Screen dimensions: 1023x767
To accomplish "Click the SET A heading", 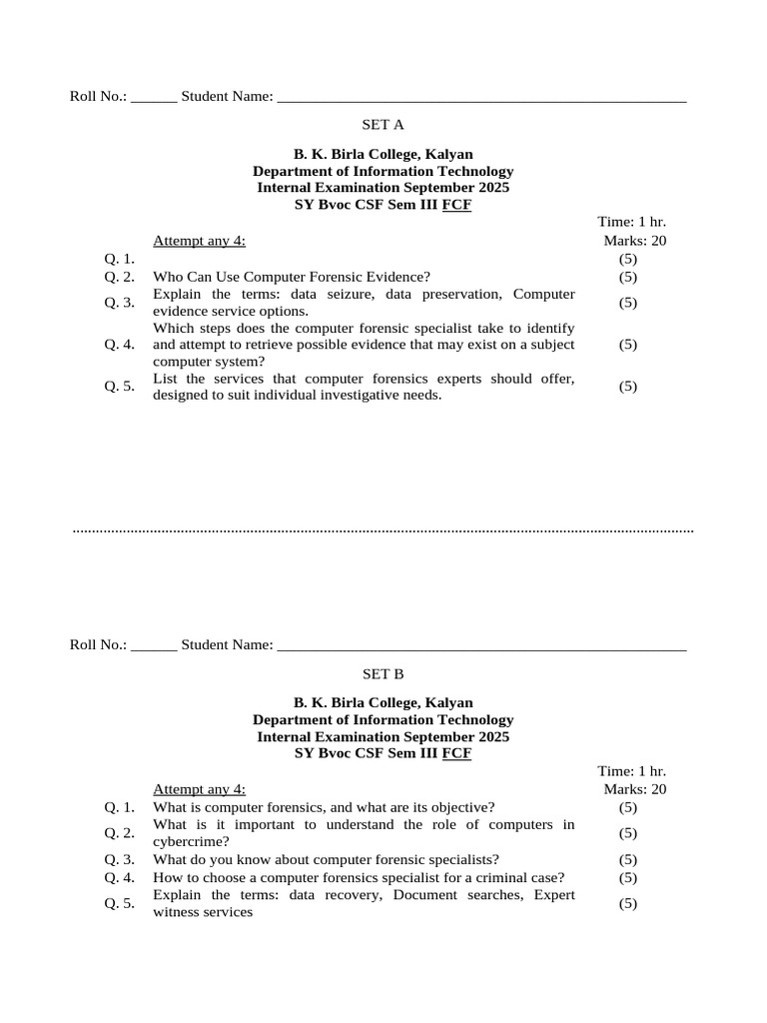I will (383, 125).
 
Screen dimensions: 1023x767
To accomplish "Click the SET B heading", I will (383, 674).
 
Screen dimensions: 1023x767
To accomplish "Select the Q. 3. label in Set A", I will (119, 303).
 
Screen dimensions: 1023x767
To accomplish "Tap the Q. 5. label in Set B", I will (119, 904).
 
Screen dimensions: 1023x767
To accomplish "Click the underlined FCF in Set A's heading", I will (456, 205).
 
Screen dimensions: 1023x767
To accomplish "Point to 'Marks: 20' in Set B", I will (634, 789).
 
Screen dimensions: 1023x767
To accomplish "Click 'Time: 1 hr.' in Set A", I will (631, 222).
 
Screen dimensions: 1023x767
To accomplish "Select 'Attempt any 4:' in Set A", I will (199, 241).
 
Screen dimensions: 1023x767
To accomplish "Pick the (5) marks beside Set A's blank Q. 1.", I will (627, 259).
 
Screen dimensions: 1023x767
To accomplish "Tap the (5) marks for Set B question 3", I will (627, 859).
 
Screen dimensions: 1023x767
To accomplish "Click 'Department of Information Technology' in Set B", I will (383, 720).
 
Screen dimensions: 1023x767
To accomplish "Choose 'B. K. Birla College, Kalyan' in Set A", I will (383, 154).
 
